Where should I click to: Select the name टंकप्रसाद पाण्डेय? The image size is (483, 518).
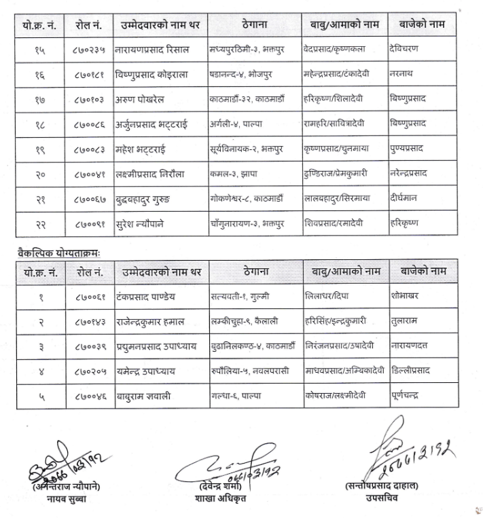pyautogui.click(x=147, y=296)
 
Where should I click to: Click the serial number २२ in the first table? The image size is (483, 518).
pyautogui.click(x=39, y=223)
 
